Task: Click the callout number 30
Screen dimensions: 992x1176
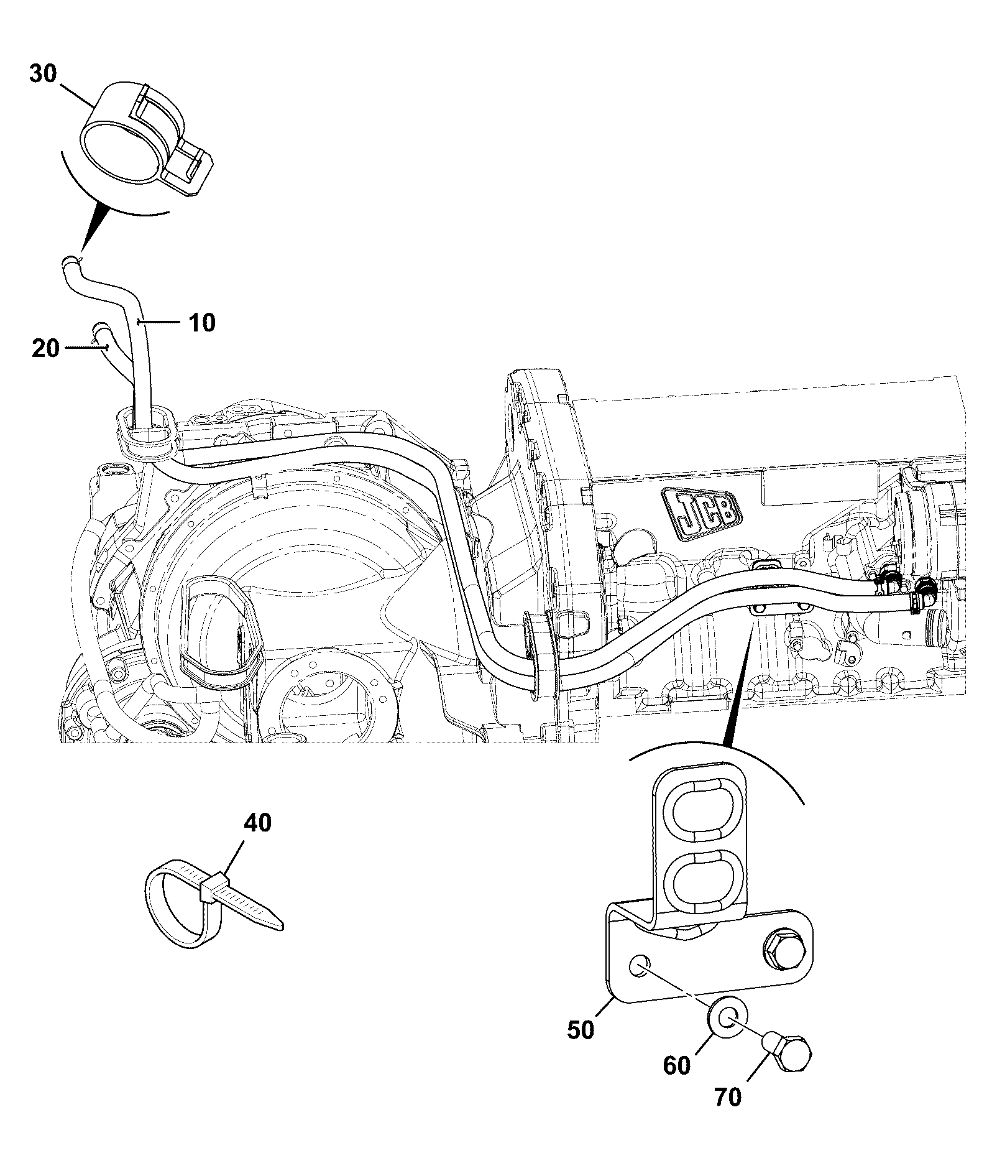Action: (43, 75)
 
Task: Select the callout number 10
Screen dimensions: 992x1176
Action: (202, 323)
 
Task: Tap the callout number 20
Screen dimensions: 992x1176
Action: (46, 348)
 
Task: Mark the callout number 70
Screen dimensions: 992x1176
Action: (728, 1098)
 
